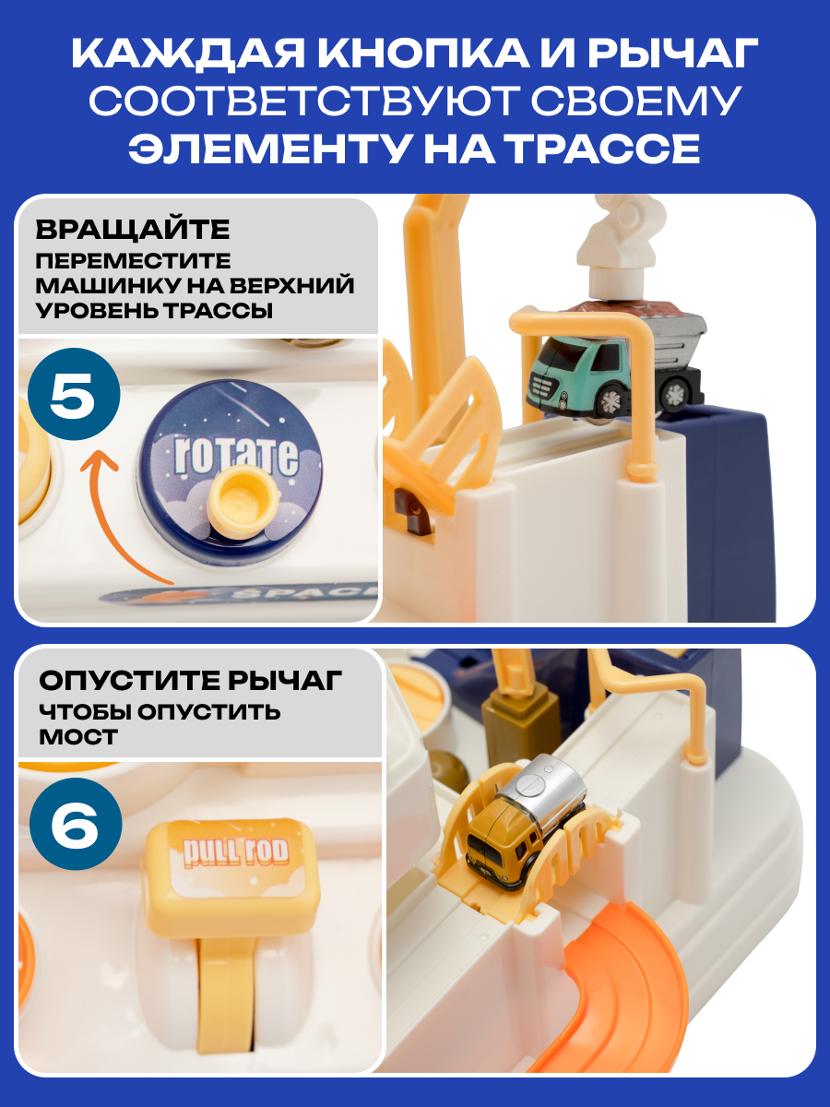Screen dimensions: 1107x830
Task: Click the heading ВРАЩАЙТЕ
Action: tap(133, 229)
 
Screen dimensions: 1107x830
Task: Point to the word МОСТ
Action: tap(78, 736)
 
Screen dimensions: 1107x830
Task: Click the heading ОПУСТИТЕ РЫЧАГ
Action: tap(190, 681)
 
